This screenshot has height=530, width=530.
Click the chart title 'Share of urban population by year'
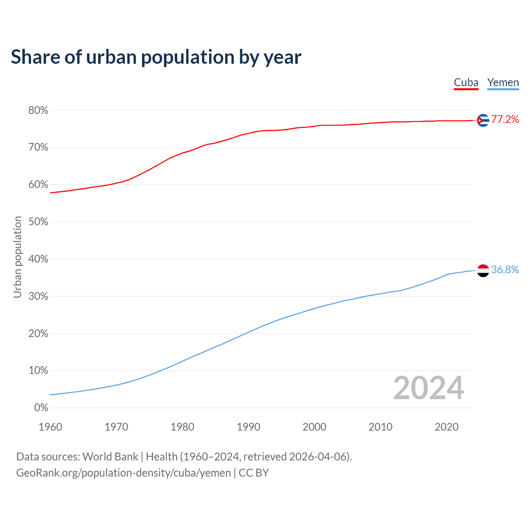[156, 57]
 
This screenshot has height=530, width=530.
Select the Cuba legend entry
[466, 83]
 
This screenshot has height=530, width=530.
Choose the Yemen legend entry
[503, 83]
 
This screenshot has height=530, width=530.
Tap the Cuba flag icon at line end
[483, 120]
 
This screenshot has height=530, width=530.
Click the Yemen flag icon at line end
[483, 270]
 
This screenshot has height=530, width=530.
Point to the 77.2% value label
[505, 120]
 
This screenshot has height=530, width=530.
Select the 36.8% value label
[505, 270]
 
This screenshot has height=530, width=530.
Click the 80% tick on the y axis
[38, 111]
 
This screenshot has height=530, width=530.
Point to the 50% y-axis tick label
[38, 222]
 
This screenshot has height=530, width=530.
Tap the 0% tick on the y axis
[41, 408]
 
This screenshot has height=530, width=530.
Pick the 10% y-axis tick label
[38, 371]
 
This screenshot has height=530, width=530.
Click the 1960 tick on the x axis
[50, 427]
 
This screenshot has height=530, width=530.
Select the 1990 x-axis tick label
[248, 427]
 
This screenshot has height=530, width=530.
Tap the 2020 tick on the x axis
[446, 427]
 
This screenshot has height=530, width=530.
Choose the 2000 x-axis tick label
[314, 427]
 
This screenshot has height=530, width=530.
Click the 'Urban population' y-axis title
[17, 257]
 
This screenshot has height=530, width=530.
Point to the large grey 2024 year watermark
[428, 388]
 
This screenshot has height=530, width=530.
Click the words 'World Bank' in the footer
[110, 457]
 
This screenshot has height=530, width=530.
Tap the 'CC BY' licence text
[254, 473]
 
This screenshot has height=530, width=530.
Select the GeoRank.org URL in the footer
[123, 473]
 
